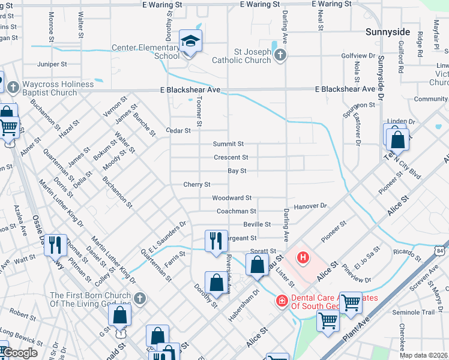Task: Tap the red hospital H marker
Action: pos(304,258)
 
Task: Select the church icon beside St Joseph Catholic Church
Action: pos(280,56)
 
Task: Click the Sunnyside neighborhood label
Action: pos(388,31)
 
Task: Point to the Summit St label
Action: pos(229,144)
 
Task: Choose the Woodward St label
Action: pos(231,198)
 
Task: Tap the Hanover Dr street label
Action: pos(310,206)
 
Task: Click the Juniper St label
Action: pos(52,64)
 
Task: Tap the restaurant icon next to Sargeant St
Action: pos(215,240)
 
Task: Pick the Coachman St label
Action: pos(237,211)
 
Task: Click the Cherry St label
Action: pos(197,184)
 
